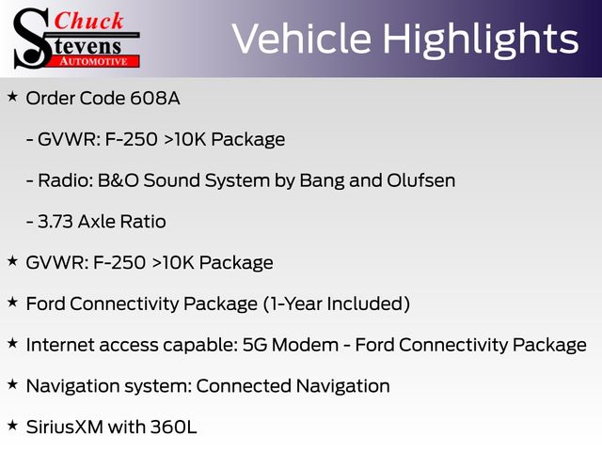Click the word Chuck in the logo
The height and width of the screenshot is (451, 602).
click(88, 21)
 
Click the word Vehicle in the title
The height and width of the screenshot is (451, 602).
click(301, 39)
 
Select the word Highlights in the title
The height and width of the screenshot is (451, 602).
click(481, 39)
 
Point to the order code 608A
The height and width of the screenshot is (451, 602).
click(155, 98)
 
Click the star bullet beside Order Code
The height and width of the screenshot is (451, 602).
click(12, 96)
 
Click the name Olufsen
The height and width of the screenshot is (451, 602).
click(420, 180)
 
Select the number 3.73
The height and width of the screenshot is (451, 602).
click(55, 222)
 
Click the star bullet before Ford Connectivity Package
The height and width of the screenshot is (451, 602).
click(12, 302)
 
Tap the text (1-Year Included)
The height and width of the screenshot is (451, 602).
click(337, 303)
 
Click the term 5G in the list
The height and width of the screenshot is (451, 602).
click(255, 345)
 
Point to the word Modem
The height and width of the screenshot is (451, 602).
click(305, 345)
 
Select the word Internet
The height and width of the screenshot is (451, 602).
click(60, 345)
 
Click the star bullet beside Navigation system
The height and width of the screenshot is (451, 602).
click(12, 384)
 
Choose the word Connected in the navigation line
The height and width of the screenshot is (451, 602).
click(244, 386)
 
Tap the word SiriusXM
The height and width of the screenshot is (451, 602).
click(65, 427)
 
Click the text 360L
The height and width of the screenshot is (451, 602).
click(173, 427)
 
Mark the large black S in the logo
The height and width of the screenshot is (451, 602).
click(31, 39)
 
